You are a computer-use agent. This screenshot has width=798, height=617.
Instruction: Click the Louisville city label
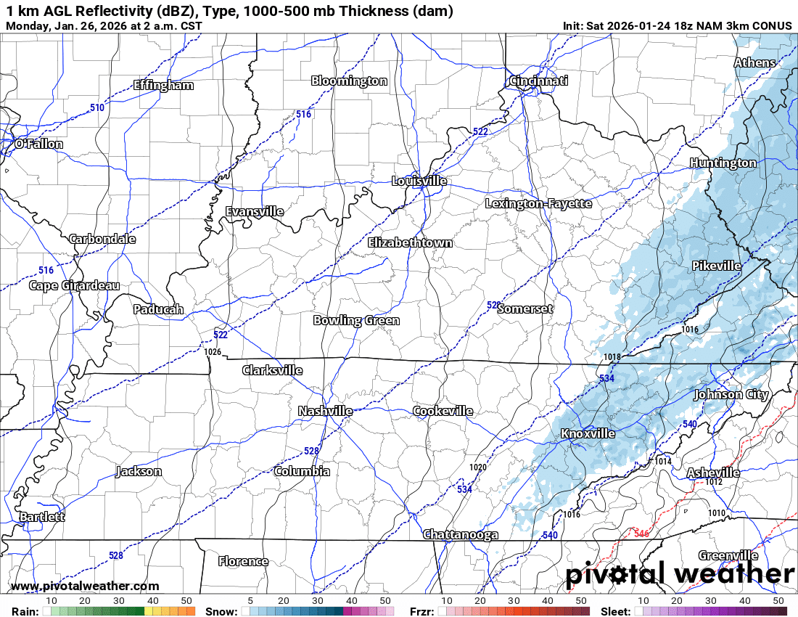coord(419,181)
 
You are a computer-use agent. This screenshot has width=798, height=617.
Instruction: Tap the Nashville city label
coord(325,412)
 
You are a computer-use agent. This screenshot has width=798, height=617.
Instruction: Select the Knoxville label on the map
coord(588,434)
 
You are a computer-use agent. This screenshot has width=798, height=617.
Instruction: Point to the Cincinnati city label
coord(538,81)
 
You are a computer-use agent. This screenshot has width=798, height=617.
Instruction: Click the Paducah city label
coord(158,309)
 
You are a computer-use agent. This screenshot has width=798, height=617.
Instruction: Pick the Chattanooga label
coord(461,535)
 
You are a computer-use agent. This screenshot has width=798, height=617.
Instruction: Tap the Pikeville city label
coord(716,266)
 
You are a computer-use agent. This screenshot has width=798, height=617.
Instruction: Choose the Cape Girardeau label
coord(74,285)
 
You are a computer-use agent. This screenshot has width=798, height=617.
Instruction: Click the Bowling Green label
coord(356,320)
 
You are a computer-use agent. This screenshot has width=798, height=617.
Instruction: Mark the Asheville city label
coord(713,473)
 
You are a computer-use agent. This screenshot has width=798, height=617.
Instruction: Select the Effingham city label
coord(163,85)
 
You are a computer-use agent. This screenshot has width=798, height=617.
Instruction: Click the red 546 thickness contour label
coord(641,534)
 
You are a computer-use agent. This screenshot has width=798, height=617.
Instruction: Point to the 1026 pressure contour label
coord(213,352)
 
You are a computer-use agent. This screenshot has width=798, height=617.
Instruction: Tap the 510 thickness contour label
coord(97,107)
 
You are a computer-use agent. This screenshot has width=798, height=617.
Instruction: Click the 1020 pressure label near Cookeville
coord(478,467)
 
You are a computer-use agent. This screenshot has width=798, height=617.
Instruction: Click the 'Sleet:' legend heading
coord(615,611)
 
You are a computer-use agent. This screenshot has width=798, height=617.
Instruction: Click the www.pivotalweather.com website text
coord(85,587)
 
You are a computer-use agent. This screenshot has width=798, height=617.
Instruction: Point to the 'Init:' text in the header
coord(575,26)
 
